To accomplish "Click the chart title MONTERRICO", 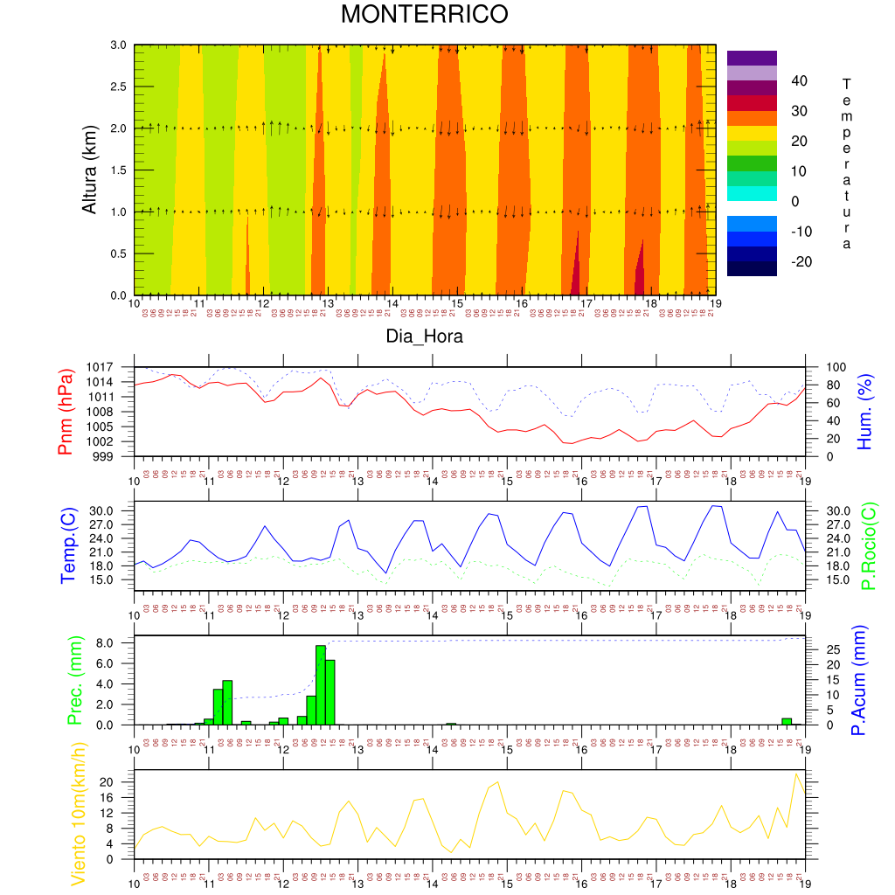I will point(424,15).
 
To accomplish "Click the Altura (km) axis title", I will point(89,169).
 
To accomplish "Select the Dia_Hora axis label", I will point(425,336).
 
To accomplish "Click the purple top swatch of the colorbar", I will point(752,58).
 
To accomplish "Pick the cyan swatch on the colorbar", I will point(752,193).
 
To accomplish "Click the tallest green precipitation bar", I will point(321,684).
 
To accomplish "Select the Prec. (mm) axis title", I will point(73,680).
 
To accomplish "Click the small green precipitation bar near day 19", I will point(787,721).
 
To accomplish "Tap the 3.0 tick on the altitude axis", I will point(118,45).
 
